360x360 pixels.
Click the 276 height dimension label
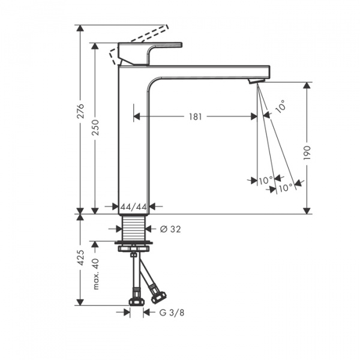[80, 111]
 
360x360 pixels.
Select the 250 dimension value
[95, 127]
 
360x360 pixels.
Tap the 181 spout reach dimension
[196, 117]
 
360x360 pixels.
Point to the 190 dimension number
[307, 152]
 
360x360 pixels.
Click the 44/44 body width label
[134, 207]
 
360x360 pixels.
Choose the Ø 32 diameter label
[170, 229]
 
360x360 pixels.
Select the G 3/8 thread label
[172, 313]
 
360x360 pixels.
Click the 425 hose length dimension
[80, 257]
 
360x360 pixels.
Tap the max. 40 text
[96, 274]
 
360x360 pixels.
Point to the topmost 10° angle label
[281, 106]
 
